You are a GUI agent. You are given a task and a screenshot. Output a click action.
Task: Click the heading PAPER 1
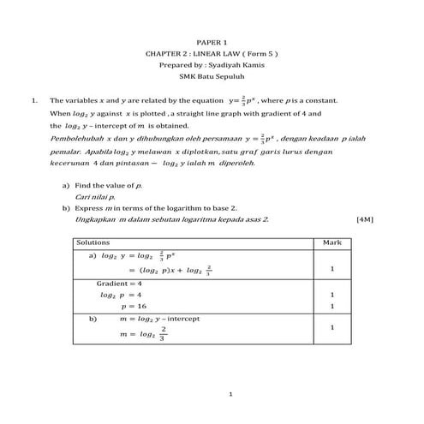[x=212, y=42]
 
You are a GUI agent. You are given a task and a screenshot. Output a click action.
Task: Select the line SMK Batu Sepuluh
[x=212, y=75]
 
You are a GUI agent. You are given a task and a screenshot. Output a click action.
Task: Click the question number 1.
[x=33, y=100]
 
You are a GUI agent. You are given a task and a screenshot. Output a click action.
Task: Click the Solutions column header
[x=93, y=243]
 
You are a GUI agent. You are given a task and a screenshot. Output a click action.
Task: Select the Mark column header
[x=332, y=243]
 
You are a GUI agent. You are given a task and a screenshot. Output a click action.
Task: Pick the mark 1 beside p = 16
[x=332, y=306]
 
